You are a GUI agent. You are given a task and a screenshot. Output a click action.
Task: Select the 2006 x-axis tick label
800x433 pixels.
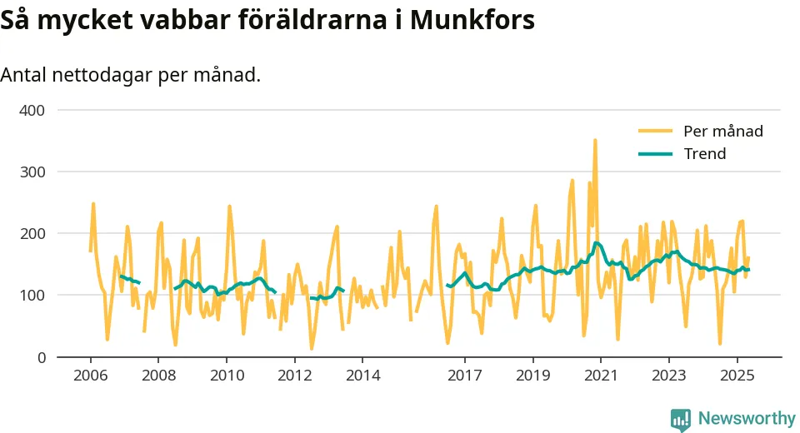[x=91, y=376]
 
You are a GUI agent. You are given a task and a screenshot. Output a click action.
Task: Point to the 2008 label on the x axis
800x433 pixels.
[x=158, y=376]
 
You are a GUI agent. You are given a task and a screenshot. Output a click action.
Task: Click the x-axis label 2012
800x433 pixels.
[x=294, y=376]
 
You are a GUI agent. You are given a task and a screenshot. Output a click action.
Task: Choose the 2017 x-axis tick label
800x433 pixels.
[x=464, y=376]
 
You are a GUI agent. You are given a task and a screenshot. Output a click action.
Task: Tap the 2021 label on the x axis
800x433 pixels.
[x=600, y=376]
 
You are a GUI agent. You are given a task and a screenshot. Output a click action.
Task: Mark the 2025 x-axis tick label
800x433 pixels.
[x=737, y=376]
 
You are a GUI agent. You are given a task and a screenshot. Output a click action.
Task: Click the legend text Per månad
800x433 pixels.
[x=722, y=131]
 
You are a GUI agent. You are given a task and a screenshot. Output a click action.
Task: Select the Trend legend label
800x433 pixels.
[x=704, y=154]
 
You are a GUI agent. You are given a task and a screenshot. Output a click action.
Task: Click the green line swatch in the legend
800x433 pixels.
[x=655, y=154]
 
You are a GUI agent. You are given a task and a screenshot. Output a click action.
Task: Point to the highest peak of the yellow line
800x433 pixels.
[x=595, y=140]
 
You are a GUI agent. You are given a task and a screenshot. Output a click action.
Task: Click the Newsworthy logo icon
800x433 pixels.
[x=681, y=419]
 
